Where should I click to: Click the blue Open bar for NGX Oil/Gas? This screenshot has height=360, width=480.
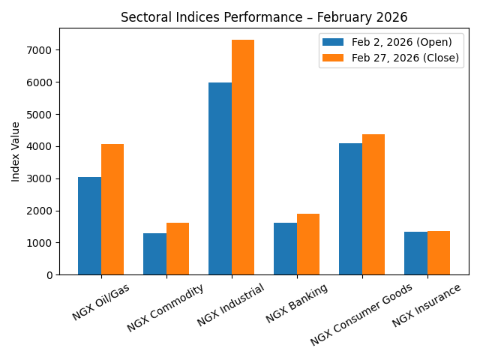[89, 226]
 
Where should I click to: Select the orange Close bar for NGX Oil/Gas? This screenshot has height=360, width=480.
[112, 209]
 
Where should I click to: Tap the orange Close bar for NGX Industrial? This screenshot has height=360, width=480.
[243, 157]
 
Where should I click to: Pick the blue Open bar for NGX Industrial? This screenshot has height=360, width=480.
[220, 178]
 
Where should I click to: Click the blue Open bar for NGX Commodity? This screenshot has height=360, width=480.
[154, 254]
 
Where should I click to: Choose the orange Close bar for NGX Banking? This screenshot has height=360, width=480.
[308, 244]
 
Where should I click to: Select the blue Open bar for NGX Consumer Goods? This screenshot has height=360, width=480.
[350, 209]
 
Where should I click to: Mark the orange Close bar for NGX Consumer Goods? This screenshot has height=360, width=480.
[373, 205]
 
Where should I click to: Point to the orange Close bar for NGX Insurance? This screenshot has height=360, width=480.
[439, 253]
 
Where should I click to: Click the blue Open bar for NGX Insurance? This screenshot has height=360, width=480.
[415, 253]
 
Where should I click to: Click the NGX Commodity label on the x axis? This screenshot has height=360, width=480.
[165, 307]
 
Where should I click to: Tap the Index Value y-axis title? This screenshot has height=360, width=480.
[16, 151]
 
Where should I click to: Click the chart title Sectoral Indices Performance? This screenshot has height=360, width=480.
[264, 18]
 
